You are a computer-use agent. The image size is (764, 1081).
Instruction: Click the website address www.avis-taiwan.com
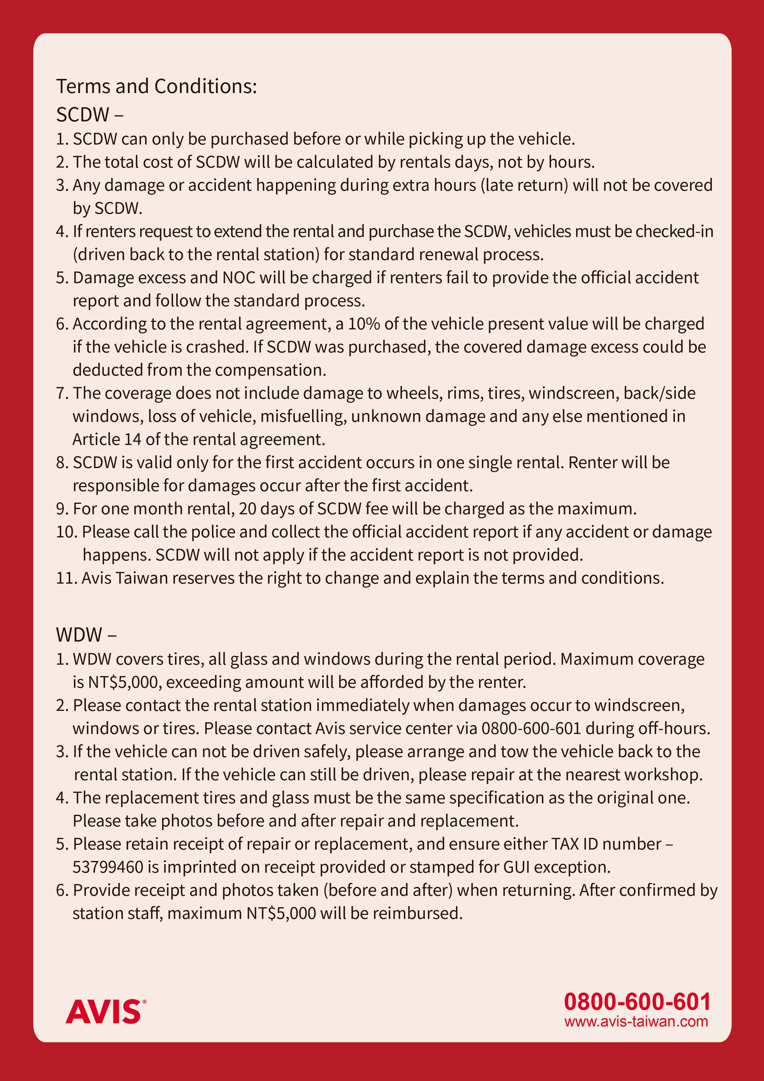(636, 1021)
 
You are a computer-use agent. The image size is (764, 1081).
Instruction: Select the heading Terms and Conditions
(156, 87)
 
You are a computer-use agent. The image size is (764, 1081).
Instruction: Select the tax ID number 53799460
(108, 867)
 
